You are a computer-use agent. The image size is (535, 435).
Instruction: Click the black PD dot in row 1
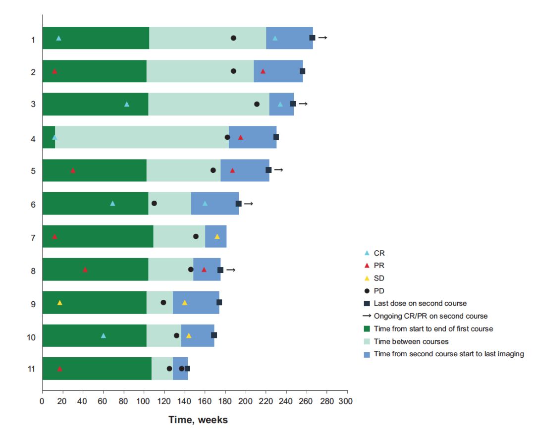(x=233, y=38)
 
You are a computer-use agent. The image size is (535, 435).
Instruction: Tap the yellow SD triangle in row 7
(x=217, y=236)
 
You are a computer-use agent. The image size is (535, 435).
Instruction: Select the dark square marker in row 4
(x=276, y=137)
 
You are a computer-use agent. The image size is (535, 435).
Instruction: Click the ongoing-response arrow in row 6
(x=248, y=204)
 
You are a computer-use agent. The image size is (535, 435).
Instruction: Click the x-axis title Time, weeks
(x=198, y=420)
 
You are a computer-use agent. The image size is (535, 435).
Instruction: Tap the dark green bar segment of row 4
(x=49, y=137)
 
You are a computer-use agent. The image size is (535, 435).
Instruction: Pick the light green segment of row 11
(x=162, y=369)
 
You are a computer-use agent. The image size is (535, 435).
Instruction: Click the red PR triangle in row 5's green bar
(x=73, y=170)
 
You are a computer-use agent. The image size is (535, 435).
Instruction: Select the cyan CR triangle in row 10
(x=103, y=335)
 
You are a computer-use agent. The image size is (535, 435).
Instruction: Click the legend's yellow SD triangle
(x=367, y=278)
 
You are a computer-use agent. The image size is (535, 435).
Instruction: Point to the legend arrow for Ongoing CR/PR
(x=367, y=316)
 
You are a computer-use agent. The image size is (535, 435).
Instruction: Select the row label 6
(x=33, y=204)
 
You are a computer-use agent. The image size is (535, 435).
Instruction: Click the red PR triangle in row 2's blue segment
(x=263, y=71)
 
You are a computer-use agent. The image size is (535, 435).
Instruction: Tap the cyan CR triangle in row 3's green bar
(x=126, y=104)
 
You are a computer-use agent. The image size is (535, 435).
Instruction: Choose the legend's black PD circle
(x=367, y=291)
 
